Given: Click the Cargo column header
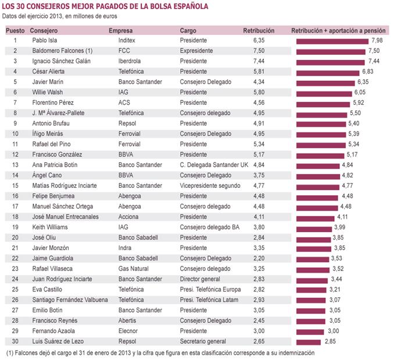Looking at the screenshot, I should pos(188,30).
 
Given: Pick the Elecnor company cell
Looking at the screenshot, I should pos(127,330).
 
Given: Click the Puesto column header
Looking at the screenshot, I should pos(15,30).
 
